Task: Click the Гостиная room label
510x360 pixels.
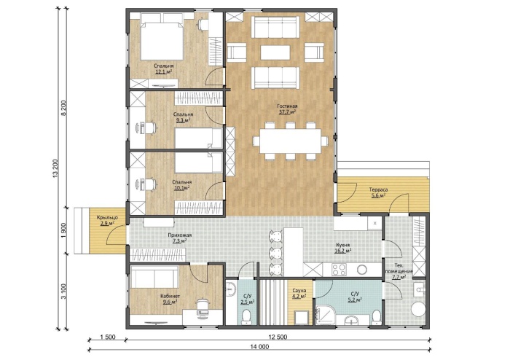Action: click(287, 106)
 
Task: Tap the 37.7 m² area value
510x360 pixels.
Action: click(287, 112)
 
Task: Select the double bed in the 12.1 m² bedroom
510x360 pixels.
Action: click(162, 41)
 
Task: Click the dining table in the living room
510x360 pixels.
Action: click(291, 142)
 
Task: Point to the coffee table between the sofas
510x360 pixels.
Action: click(275, 52)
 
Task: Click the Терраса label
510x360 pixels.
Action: click(378, 189)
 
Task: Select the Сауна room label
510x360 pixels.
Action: click(299, 291)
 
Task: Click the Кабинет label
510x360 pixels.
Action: click(170, 297)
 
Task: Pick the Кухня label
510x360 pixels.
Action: click(343, 245)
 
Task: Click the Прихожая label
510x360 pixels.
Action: click(179, 235)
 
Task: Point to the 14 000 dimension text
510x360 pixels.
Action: click(259, 347)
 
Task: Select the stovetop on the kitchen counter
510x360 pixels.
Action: click(340, 270)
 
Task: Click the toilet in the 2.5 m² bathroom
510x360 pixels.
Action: click(246, 316)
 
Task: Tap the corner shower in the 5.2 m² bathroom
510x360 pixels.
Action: click(325, 315)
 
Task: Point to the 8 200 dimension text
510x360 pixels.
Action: click(64, 109)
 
